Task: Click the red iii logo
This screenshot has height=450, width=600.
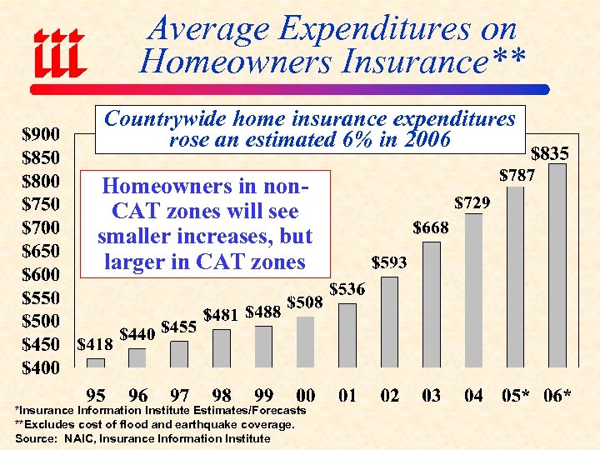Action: (x=59, y=51)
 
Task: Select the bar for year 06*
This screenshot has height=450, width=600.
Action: (x=557, y=265)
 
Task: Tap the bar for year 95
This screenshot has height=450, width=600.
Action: (x=96, y=362)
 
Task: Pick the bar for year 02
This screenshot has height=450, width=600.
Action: (x=390, y=322)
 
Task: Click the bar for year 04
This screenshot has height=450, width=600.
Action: (x=473, y=290)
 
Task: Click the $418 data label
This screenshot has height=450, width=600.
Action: (x=96, y=344)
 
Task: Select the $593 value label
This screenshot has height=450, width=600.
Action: (x=389, y=262)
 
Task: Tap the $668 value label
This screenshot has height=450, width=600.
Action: (x=431, y=227)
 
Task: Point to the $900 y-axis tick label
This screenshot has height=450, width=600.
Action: (x=40, y=134)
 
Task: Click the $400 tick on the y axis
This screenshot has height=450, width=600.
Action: (x=40, y=367)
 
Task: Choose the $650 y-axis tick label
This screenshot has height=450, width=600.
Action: (x=40, y=251)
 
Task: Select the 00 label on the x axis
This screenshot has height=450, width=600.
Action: (x=306, y=395)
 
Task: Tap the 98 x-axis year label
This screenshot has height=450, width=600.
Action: (x=222, y=395)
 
